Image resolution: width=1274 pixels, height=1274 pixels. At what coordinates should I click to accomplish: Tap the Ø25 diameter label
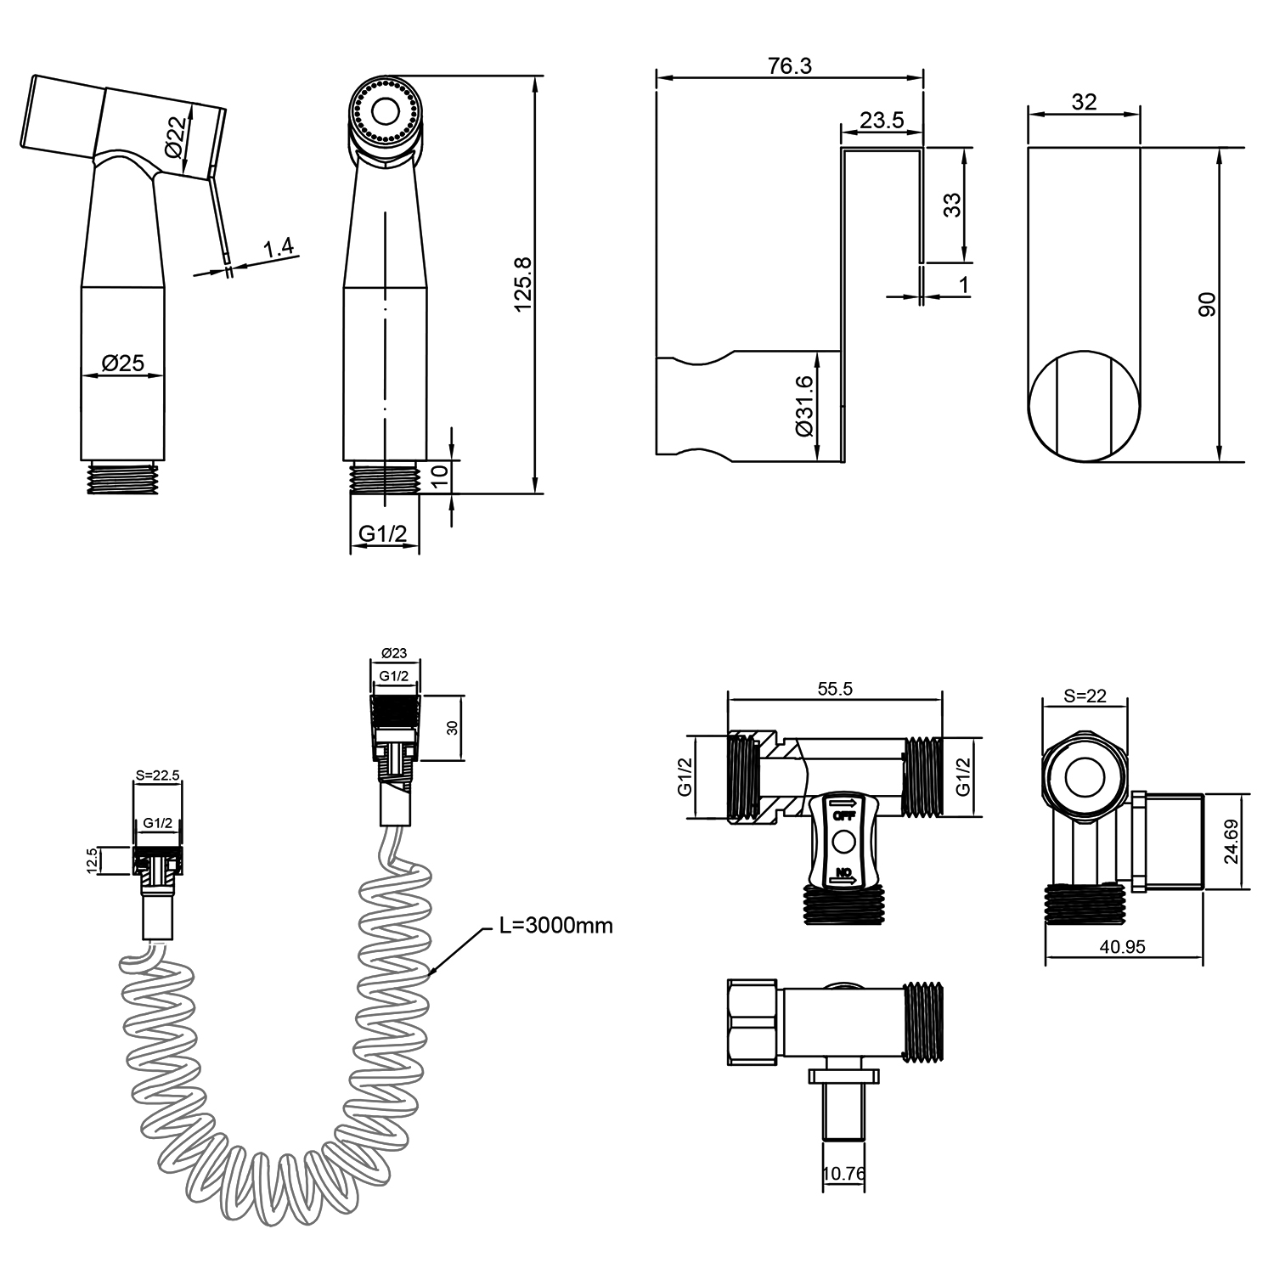(x=123, y=363)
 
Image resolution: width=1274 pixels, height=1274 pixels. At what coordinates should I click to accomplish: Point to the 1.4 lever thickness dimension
(x=279, y=248)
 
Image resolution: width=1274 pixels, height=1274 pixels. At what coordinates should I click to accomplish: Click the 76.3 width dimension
(x=789, y=66)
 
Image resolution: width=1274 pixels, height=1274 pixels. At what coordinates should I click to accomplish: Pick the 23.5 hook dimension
(x=881, y=120)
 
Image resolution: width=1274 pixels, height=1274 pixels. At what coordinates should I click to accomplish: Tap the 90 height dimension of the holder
(x=1207, y=304)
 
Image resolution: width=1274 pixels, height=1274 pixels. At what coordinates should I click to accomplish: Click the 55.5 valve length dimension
(x=835, y=689)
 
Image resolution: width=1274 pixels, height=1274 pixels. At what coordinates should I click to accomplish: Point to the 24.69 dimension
(x=1231, y=842)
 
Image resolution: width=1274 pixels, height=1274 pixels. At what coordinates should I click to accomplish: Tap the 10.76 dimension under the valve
(x=844, y=1173)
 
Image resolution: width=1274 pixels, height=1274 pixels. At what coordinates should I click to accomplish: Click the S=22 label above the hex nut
(x=1085, y=696)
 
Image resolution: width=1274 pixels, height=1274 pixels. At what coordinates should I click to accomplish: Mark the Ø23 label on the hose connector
(x=394, y=653)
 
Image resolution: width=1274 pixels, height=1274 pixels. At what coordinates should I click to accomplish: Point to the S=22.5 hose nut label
(x=158, y=774)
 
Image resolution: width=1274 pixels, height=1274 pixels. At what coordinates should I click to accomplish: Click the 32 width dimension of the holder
(x=1085, y=102)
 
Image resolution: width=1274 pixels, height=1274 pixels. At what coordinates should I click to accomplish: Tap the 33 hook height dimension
(x=953, y=205)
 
